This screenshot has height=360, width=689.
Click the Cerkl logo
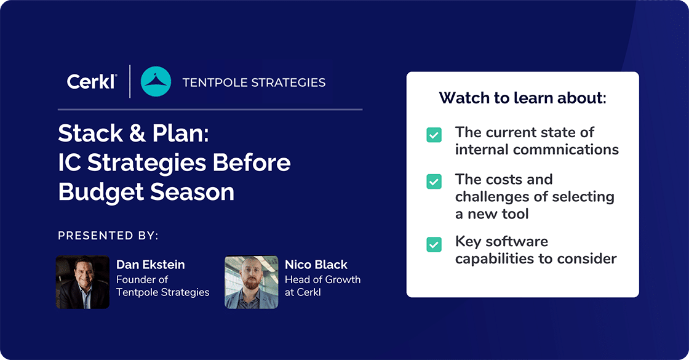point(91,82)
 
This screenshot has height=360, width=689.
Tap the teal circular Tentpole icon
point(156,82)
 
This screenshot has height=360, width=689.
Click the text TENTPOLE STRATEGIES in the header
point(254,82)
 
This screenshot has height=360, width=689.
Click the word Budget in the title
point(99,192)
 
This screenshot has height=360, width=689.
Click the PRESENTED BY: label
point(108,236)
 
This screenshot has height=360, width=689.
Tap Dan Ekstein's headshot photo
point(82,282)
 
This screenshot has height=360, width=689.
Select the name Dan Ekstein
point(150,265)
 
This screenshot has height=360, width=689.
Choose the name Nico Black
point(316,265)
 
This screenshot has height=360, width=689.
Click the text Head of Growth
point(322,279)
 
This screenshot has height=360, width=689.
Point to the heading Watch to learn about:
point(522,98)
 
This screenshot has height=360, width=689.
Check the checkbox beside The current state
point(434,135)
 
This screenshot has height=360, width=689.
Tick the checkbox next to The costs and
point(434,182)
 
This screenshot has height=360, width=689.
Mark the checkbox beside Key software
point(434,244)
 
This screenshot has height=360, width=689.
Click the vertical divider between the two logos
point(130,82)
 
